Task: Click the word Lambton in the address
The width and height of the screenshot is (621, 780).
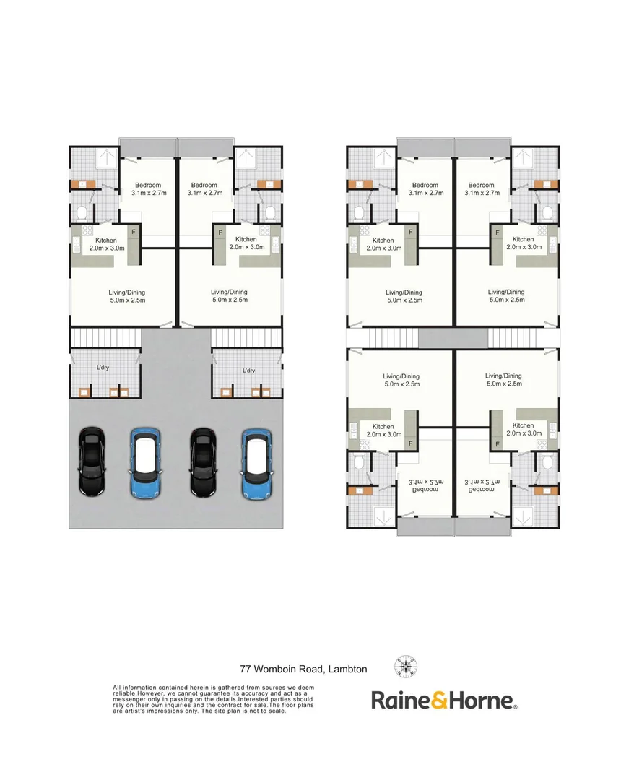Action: click(x=347, y=669)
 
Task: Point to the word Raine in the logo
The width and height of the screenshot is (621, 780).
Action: click(x=396, y=699)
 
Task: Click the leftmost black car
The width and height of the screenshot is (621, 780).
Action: click(x=92, y=461)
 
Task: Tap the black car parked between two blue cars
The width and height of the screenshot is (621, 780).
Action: click(x=202, y=461)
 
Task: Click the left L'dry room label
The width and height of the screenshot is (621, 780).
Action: click(x=103, y=368)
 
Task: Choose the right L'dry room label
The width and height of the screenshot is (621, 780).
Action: click(x=248, y=370)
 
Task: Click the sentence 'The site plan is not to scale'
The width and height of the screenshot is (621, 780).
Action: click(x=245, y=711)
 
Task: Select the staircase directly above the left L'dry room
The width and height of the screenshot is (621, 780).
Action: click(x=105, y=337)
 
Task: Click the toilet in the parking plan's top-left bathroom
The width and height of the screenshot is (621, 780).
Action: click(x=82, y=212)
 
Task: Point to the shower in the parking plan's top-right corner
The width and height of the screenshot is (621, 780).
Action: click(x=247, y=157)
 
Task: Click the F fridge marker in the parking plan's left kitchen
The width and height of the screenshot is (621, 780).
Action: click(x=132, y=233)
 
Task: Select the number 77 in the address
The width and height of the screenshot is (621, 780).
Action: click(x=245, y=669)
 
